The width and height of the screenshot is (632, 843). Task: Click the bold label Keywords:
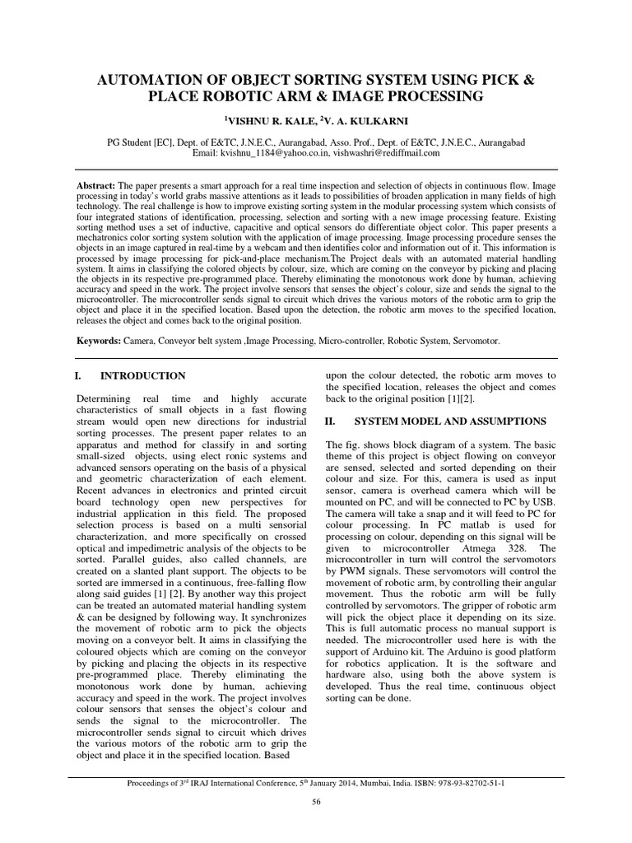(x=99, y=340)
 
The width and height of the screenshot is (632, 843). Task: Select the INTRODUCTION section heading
(x=142, y=375)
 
